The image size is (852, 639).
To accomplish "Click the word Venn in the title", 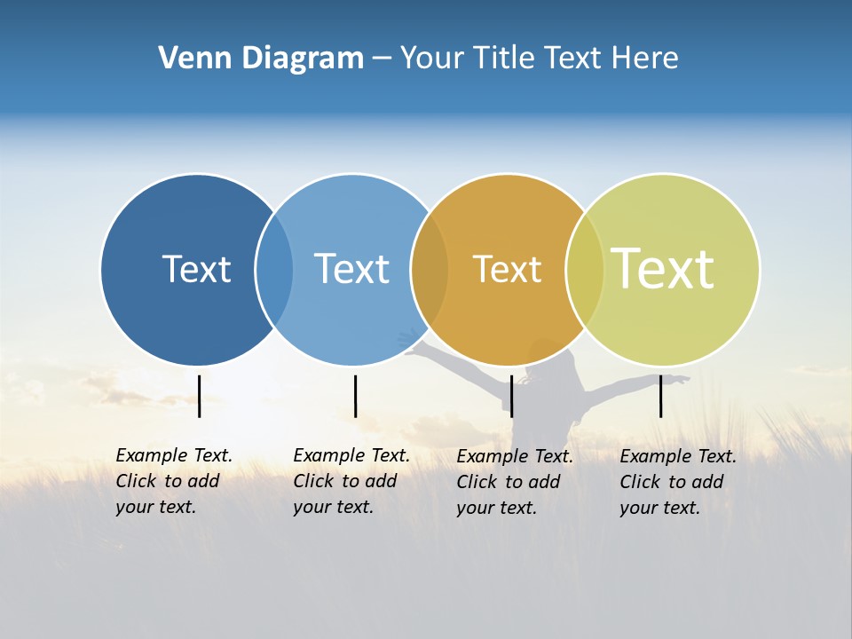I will [x=187, y=59].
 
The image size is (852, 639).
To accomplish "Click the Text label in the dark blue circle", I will [x=196, y=269].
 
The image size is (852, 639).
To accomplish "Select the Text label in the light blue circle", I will [x=351, y=269].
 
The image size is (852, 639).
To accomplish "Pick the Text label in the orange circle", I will [x=507, y=269].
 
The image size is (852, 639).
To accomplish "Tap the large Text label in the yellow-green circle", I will [x=663, y=268].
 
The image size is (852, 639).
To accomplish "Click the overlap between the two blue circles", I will [x=274, y=269].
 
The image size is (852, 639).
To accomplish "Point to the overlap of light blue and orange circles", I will [x=430, y=269].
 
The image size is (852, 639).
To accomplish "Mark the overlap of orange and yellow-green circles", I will [x=585, y=269].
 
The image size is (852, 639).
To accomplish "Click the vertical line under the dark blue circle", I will [x=200, y=396].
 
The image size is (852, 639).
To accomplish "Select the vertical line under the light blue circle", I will [x=355, y=396].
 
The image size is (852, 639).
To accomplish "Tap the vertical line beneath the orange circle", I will [x=511, y=396].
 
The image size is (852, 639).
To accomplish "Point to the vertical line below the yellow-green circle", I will [x=660, y=396].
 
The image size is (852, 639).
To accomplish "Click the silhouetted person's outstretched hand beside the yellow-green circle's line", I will [x=682, y=380].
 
